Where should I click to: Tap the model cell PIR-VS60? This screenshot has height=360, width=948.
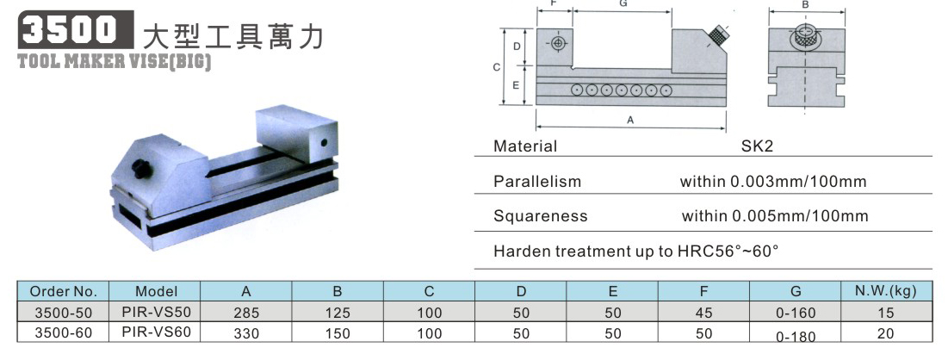click(156, 332)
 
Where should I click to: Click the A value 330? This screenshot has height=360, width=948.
click(245, 332)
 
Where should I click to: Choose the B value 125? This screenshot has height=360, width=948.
click(338, 313)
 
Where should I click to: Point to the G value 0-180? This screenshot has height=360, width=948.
click(796, 337)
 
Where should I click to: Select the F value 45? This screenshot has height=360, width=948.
click(703, 313)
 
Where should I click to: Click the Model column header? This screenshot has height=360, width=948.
click(156, 291)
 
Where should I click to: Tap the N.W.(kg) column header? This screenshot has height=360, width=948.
click(885, 291)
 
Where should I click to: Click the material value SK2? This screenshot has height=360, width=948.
click(757, 146)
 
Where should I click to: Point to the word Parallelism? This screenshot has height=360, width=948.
click(537, 182)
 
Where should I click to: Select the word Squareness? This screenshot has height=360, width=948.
click(541, 217)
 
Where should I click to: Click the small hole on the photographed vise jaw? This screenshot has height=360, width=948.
click(324, 143)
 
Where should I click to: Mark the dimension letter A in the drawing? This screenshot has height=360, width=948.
click(630, 120)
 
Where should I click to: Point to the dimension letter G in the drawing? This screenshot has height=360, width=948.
click(623, 3)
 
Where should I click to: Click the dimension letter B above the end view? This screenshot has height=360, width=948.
click(805, 5)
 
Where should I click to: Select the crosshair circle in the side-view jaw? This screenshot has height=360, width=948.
click(557, 44)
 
